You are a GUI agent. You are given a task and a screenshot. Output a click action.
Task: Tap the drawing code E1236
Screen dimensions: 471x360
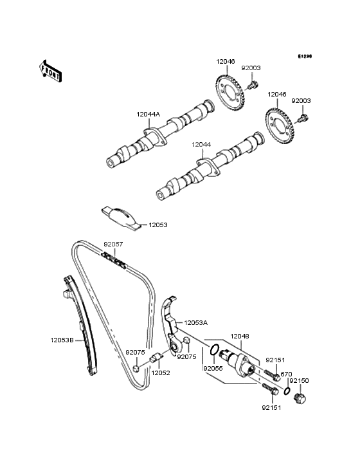click(x=304, y=57)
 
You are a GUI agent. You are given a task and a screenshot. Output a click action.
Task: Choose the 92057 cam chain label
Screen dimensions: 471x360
click(x=113, y=245)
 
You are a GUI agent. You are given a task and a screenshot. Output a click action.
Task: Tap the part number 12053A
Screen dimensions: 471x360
click(x=196, y=322)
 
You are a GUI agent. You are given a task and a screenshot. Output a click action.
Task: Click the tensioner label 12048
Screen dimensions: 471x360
click(x=239, y=336)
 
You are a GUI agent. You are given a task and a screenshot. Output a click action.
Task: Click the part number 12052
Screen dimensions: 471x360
click(x=161, y=373)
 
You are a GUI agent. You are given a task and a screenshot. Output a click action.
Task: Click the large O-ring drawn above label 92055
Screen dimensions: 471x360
click(x=215, y=351)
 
